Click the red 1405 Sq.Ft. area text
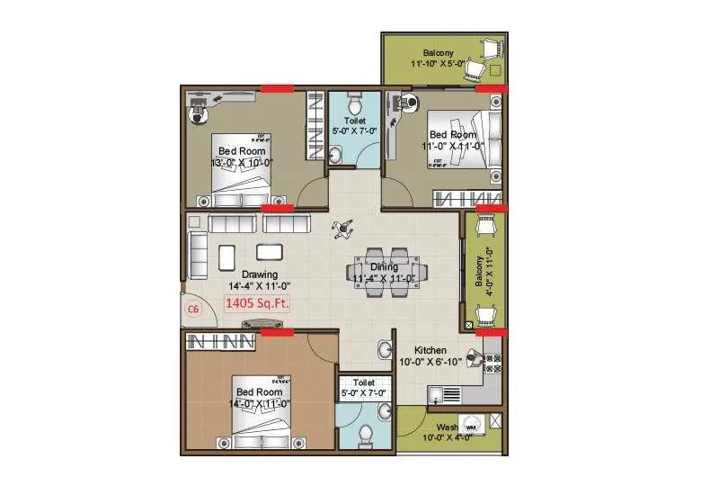[257, 305]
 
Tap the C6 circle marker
[191, 309]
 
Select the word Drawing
[260, 274]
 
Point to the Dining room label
[384, 266]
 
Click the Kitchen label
[431, 350]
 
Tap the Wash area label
[447, 427]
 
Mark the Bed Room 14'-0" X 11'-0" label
[260, 398]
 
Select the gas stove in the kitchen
[492, 363]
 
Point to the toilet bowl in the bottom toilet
[366, 434]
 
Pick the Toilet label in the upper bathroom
[354, 119]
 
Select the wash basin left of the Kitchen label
[385, 349]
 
